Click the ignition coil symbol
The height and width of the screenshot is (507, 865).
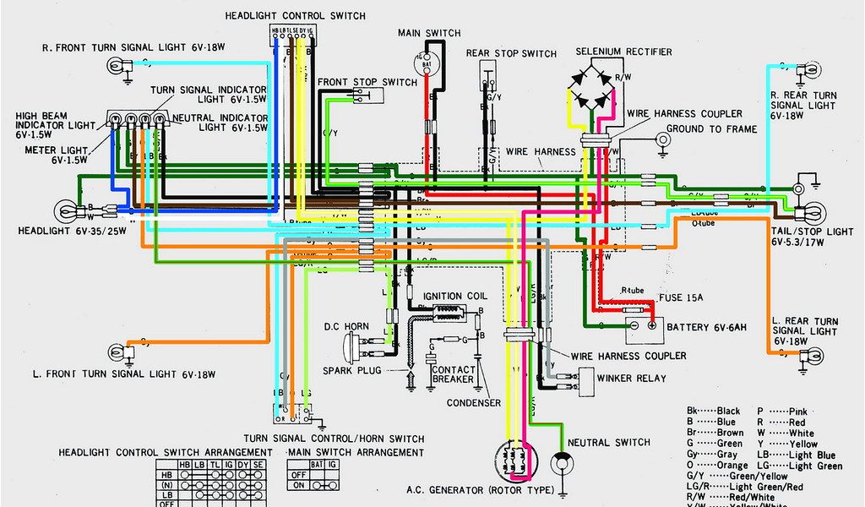pyautogui.click(x=444, y=313)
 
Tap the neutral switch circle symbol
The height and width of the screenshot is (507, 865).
pyautogui.click(x=559, y=464)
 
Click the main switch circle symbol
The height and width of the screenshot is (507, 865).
pyautogui.click(x=426, y=62)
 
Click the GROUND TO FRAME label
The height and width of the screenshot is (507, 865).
pyautogui.click(x=711, y=129)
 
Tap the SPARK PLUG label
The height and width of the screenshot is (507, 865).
pyautogui.click(x=352, y=371)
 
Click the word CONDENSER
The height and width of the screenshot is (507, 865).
pyautogui.click(x=473, y=402)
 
